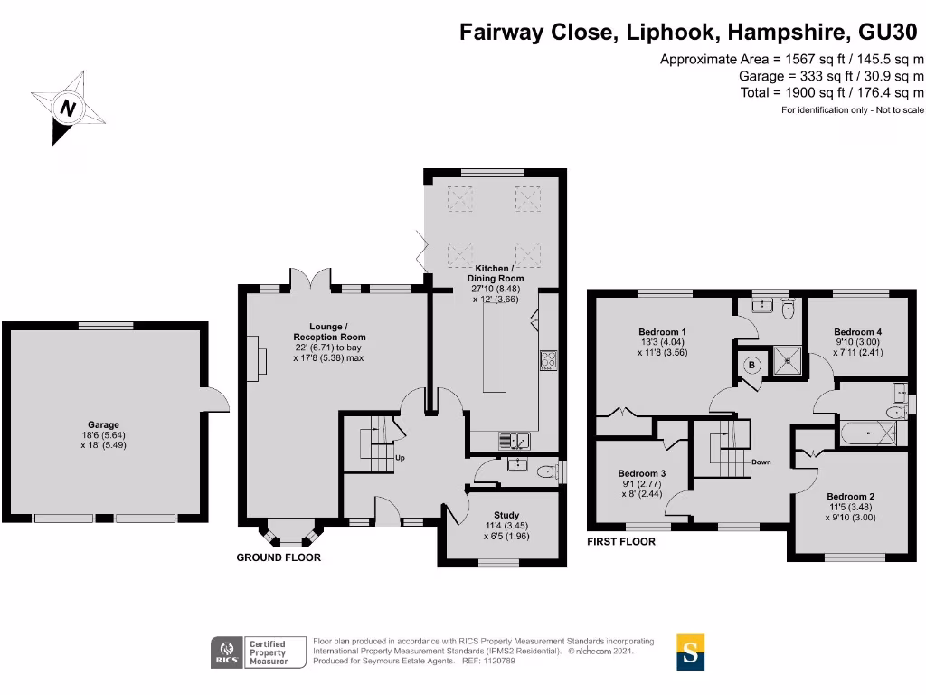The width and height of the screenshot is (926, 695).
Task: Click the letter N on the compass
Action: pyautogui.click(x=68, y=109)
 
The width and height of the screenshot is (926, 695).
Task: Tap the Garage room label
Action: pyautogui.click(x=103, y=424)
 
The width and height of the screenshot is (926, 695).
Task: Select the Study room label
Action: pyautogui.click(x=506, y=515)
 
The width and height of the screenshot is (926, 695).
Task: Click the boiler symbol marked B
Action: pyautogui.click(x=751, y=366)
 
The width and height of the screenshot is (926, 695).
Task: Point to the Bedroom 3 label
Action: pyautogui.click(x=641, y=473)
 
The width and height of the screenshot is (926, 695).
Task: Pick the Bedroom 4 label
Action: pyautogui.click(x=857, y=331)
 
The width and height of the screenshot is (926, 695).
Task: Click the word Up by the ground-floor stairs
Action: pyautogui.click(x=400, y=457)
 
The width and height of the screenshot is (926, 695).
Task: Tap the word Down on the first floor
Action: pyautogui.click(x=761, y=462)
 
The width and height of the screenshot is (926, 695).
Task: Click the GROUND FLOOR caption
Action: pyautogui.click(x=279, y=557)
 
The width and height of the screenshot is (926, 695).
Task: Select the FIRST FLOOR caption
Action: pyautogui.click(x=621, y=541)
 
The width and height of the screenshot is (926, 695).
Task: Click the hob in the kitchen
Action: pyautogui.click(x=548, y=360)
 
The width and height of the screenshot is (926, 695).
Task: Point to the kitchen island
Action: pyautogui.click(x=495, y=347)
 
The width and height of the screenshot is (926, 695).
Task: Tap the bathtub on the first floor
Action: pyautogui.click(x=868, y=433)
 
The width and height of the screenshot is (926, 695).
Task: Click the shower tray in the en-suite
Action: pyautogui.click(x=788, y=360)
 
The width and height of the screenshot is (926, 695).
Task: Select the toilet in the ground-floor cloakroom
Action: pyautogui.click(x=547, y=471)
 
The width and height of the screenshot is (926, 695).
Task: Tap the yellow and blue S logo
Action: pyautogui.click(x=690, y=652)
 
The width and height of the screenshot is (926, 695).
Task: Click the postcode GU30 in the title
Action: pyautogui.click(x=888, y=32)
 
